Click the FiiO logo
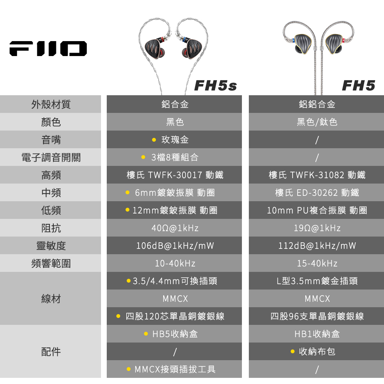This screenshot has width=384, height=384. pos(48,48)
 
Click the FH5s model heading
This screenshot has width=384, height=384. pos(215,86)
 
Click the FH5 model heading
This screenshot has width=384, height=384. pos(359,86)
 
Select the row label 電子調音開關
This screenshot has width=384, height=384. pos(51,157)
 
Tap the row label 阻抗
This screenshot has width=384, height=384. pos(51,228)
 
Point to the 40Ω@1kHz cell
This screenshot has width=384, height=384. pos(175,228)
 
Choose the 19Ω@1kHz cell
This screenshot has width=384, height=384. pos(317,228)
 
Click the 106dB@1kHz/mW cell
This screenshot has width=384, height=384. pos(175,246)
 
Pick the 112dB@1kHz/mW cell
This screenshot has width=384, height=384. pos(317,246)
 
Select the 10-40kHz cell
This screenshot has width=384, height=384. pos(175,263)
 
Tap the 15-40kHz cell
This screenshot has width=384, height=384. pos(317,263)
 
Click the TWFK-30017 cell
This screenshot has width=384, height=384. pos(175,175)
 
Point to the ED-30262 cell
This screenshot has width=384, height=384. pos(317,192)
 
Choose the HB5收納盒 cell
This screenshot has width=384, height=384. pos(175,334)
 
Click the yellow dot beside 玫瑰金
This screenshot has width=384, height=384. pos(154,140)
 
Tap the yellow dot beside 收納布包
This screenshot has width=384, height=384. pos(292,351)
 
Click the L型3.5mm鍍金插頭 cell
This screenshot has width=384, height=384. pos(317,281)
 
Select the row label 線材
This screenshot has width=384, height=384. pos(51,299)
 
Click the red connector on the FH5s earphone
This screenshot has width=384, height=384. pos(161,40)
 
